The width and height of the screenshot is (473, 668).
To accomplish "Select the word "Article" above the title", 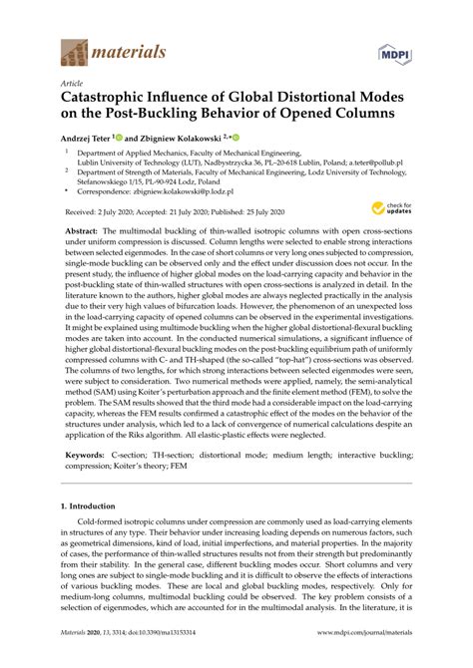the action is [73, 85].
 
